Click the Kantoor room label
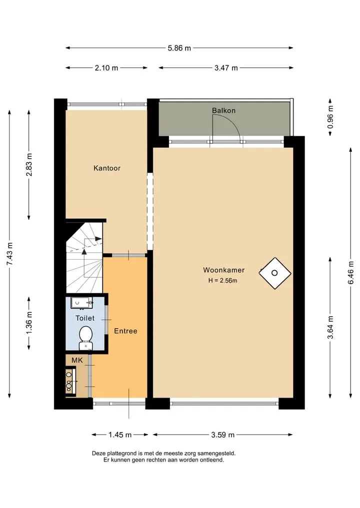(106, 168)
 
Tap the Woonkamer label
(224, 270)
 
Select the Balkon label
(224, 110)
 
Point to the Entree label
(125, 331)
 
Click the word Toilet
(85, 318)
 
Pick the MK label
(77, 360)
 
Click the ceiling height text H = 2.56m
(222, 281)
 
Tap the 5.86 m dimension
(179, 48)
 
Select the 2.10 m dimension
(106, 68)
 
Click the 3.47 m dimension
(226, 68)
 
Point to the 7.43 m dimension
(9, 254)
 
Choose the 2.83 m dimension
(29, 164)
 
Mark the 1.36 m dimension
(29, 323)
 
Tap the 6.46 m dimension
(351, 272)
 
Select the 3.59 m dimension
(223, 435)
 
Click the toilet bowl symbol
(85, 338)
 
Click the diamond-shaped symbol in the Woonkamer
(274, 273)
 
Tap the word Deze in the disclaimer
(98, 454)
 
